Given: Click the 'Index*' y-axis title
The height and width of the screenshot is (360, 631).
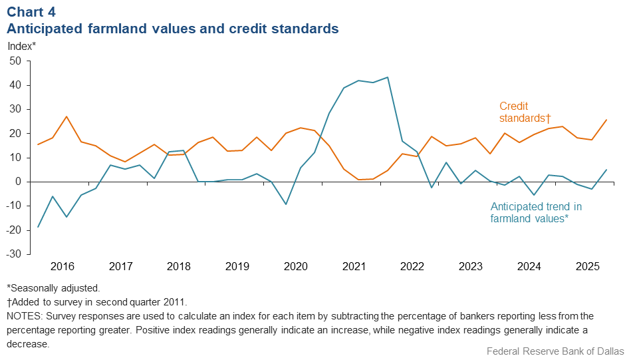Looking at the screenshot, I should (x=22, y=46).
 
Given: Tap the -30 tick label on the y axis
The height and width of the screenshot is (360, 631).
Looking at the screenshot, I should (x=14, y=254).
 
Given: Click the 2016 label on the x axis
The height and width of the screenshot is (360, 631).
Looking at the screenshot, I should (x=62, y=266).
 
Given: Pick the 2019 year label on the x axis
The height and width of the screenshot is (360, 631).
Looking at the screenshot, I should (x=237, y=266).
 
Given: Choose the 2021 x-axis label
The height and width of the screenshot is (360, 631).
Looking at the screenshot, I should (x=354, y=266).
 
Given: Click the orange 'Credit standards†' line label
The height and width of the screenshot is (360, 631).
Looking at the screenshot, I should (x=525, y=112).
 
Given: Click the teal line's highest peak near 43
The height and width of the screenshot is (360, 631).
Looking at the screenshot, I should (x=388, y=77).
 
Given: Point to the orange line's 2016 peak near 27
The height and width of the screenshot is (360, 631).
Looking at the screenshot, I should (x=66, y=116).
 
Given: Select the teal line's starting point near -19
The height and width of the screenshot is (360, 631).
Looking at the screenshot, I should (x=37, y=227).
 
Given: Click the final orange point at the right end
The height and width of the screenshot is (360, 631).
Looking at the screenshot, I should (x=606, y=120).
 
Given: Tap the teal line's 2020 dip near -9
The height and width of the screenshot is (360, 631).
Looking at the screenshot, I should (x=285, y=204).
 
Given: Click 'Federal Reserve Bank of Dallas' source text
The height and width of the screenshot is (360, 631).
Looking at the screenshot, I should (x=555, y=351).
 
